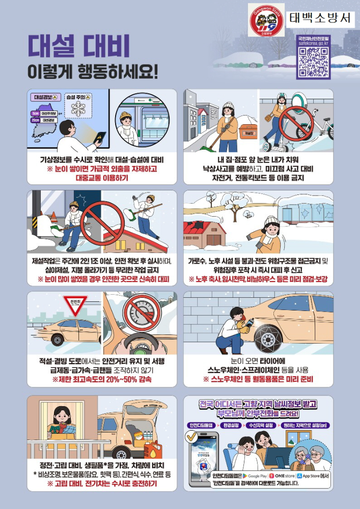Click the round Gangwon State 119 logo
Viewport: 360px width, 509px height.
pyautogui.click(x=266, y=20)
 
